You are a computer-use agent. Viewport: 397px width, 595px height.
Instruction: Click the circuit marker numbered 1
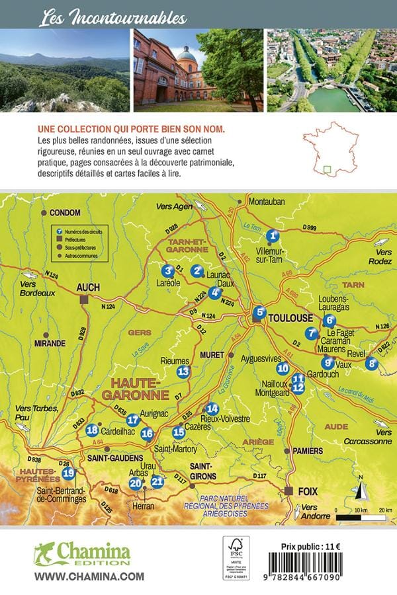pyautogui.click(x=272, y=235)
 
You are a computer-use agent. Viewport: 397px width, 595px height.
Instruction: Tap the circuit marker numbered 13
pyautogui.click(x=183, y=372)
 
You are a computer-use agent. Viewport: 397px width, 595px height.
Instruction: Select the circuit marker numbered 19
pyautogui.click(x=67, y=473)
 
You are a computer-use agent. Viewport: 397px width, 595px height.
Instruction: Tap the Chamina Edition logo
pyautogui.click(x=82, y=553)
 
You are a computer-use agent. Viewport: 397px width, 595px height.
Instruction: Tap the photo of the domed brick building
pyautogui.click(x=198, y=69)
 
